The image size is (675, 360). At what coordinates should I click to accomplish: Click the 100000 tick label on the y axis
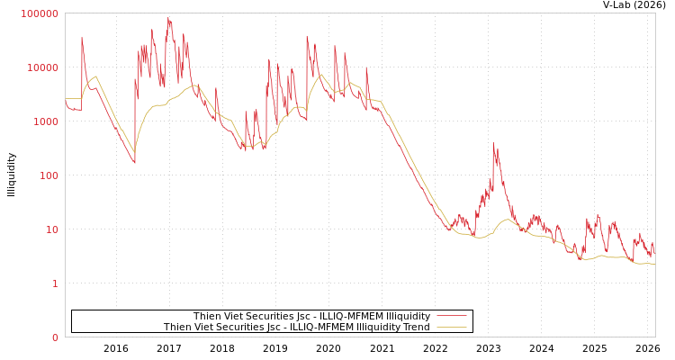(40, 13)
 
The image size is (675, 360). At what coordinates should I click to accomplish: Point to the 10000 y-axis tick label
(42, 67)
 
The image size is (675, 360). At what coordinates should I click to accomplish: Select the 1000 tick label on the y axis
(45, 121)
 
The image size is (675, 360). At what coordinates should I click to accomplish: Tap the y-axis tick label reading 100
(48, 175)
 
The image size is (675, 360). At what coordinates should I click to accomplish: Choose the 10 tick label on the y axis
(50, 229)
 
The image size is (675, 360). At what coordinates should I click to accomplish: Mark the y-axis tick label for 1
(54, 283)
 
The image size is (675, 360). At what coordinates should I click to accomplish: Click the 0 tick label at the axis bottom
(54, 337)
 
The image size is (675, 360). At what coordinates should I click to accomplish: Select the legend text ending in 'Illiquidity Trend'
(296, 328)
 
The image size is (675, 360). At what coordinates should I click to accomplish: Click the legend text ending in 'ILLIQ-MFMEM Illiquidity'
(311, 316)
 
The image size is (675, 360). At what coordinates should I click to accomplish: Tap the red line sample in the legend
(451, 316)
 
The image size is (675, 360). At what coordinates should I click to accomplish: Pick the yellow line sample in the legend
(451, 328)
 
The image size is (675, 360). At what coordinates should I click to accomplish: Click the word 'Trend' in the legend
(416, 328)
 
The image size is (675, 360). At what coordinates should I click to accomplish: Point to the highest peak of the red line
(167, 17)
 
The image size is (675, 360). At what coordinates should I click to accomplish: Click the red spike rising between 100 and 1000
(493, 144)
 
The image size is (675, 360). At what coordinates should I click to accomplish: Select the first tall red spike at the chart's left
(82, 39)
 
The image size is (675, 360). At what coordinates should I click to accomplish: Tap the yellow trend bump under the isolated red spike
(507, 220)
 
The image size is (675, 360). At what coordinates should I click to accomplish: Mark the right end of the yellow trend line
(654, 265)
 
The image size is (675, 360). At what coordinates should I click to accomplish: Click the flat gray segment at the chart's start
(72, 98)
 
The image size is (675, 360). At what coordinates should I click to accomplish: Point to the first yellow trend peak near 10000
(95, 76)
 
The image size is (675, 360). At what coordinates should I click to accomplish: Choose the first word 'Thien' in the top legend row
(207, 316)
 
